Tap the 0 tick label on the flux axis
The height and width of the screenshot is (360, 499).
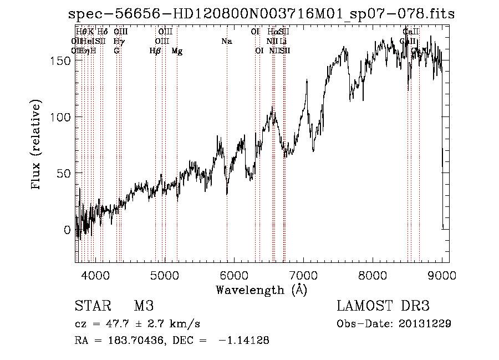tap(67, 229)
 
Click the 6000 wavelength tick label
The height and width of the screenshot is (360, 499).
tap(233, 273)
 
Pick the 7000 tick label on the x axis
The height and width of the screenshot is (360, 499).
tap(303, 273)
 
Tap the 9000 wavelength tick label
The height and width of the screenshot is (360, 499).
tap(442, 273)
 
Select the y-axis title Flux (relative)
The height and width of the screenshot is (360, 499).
tap(37, 145)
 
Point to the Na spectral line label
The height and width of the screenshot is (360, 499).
tap(226, 41)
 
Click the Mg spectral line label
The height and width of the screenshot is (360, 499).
tap(177, 51)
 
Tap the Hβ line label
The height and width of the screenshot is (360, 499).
tap(155, 51)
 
